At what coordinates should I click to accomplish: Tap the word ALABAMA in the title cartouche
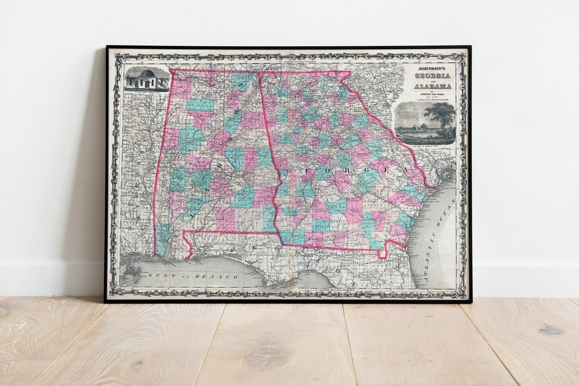(433, 86)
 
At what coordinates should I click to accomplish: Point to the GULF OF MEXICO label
(193, 276)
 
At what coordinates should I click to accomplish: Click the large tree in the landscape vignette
(443, 115)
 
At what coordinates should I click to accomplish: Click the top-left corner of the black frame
(107, 47)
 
